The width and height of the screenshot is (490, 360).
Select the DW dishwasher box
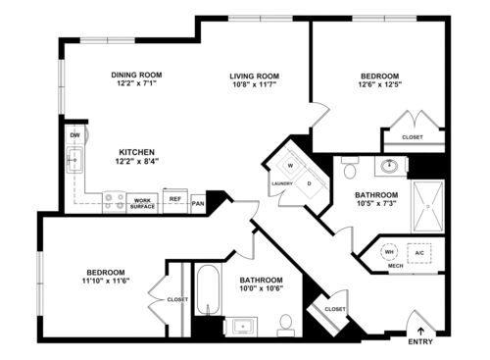(74, 135)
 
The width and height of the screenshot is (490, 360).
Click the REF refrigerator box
(175, 199)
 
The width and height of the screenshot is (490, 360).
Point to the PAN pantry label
(198, 203)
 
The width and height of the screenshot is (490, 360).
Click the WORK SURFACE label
(142, 203)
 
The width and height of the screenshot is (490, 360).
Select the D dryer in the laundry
(309, 182)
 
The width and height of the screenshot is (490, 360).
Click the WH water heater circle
(389, 251)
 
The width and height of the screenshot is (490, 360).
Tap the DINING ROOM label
(136, 75)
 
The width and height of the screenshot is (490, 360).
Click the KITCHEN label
(136, 152)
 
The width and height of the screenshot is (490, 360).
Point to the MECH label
(395, 265)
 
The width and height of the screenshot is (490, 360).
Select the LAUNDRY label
(283, 183)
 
